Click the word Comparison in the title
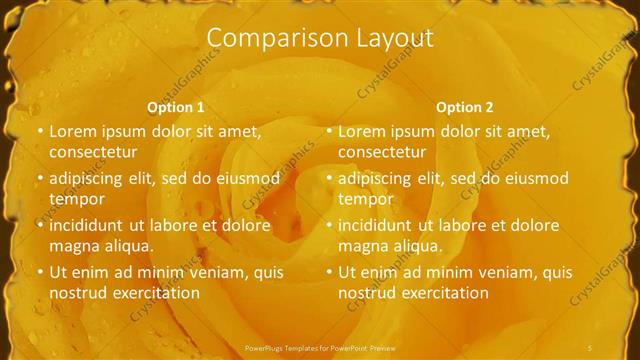(267, 38)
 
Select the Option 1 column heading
(176, 107)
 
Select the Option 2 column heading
(465, 107)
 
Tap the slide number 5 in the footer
(591, 347)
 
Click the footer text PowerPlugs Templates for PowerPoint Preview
(320, 347)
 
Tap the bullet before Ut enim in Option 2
(329, 272)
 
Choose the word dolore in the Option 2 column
(535, 225)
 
